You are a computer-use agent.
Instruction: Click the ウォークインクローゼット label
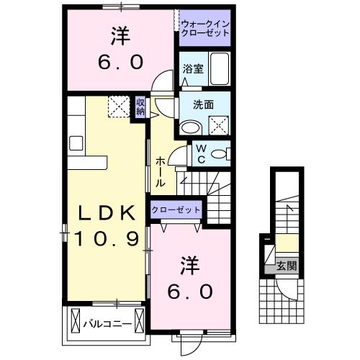click(205, 28)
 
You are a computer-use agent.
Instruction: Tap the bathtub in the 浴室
click(220, 68)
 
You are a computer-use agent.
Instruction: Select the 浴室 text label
click(193, 69)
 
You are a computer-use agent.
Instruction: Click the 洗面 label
click(203, 104)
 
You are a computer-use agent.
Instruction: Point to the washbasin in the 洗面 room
click(191, 128)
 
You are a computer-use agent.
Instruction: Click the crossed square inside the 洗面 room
click(219, 125)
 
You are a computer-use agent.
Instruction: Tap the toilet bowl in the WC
click(219, 154)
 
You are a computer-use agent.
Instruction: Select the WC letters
click(201, 154)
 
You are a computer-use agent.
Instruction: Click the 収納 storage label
click(140, 107)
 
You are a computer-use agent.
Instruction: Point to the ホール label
click(161, 172)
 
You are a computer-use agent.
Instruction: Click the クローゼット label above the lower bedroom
click(176, 210)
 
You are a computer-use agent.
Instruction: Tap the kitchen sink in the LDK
click(76, 143)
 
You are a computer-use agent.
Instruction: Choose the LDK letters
click(107, 213)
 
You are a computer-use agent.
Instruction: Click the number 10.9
click(107, 239)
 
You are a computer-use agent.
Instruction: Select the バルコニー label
click(107, 325)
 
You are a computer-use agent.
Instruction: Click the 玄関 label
click(287, 266)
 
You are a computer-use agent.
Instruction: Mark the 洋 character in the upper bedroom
click(120, 37)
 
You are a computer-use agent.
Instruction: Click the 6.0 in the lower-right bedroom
click(190, 292)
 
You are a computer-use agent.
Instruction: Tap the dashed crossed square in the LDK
click(119, 107)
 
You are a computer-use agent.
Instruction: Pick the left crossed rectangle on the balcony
click(76, 320)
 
